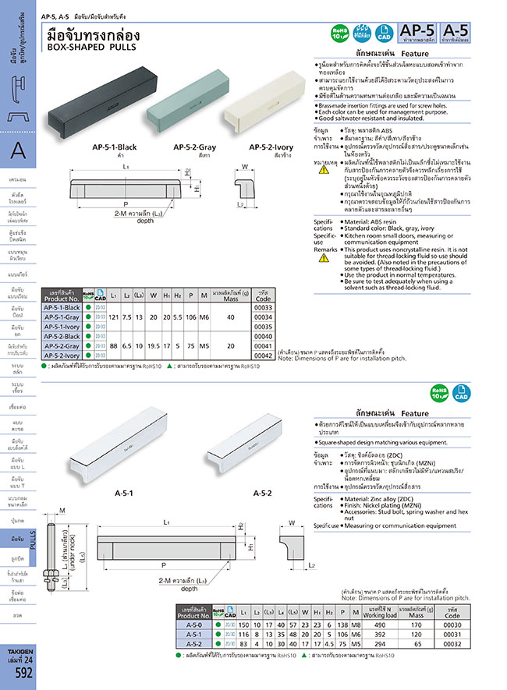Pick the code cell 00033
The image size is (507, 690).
click(x=264, y=308)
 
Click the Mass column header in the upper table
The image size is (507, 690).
click(x=229, y=295)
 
